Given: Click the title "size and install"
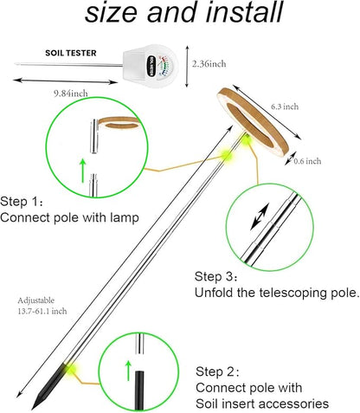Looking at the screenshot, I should tap(179, 15).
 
